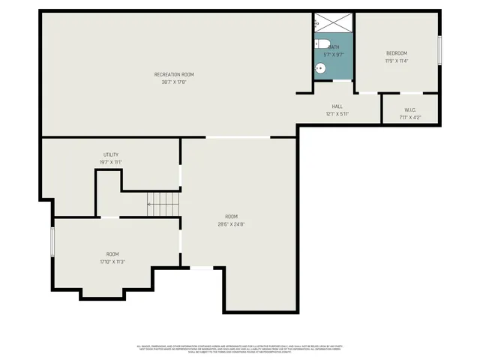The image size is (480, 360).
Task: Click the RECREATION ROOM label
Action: click(174, 74)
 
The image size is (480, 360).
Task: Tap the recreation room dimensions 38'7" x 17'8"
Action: click(174, 82)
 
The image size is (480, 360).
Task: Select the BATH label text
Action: click(333, 47)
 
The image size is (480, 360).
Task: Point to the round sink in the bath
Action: click(321, 69)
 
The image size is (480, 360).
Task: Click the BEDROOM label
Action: click(396, 53)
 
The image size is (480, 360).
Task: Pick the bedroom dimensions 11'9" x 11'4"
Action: click(396, 61)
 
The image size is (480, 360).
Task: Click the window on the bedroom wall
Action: click(439, 50)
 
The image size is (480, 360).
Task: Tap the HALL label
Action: click(337, 106)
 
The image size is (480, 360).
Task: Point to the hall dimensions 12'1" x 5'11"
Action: click(337, 115)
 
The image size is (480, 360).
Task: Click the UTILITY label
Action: click(111, 154)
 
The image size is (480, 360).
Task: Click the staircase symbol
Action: click(163, 203)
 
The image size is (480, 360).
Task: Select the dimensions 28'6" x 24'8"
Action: click(231, 224)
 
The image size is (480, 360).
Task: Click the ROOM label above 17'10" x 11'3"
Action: click(112, 254)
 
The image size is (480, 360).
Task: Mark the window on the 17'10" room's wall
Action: click(52, 242)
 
